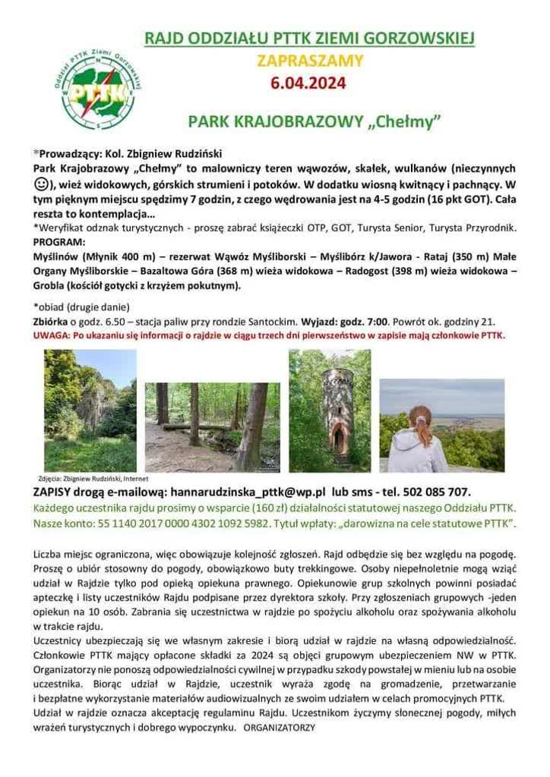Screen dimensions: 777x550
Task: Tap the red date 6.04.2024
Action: [x=308, y=83]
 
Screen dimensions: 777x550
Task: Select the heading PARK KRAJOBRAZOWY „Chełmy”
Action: [x=315, y=121]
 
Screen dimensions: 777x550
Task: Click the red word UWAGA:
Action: [x=52, y=335]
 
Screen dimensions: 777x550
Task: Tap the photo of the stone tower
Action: [x=330, y=411]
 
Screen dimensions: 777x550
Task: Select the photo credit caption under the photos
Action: [x=92, y=479]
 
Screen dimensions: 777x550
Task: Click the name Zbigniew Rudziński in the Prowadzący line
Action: [x=174, y=153]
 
